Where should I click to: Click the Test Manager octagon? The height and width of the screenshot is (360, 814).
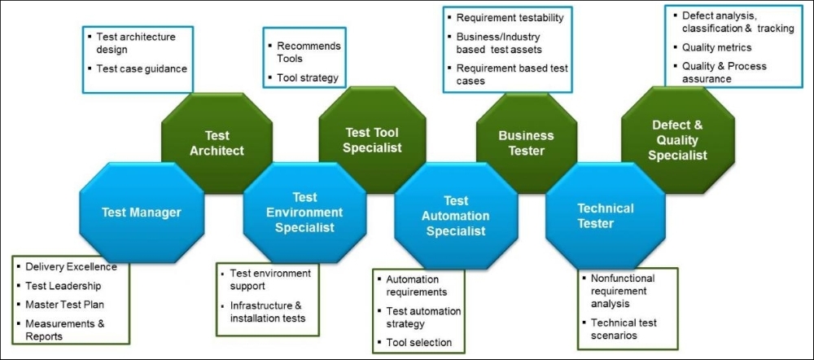coord(141,212)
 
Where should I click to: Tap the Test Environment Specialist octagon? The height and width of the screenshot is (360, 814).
coord(304,212)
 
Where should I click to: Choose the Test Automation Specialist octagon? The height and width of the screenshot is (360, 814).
coord(456,215)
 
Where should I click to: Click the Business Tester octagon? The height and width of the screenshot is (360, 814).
coord(527,143)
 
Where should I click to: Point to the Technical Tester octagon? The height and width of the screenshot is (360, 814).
coord(606,215)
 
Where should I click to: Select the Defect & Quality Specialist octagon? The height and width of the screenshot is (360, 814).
coord(678,140)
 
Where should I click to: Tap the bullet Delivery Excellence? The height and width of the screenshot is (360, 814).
coord(71,267)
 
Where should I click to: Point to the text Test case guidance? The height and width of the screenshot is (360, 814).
coord(142,68)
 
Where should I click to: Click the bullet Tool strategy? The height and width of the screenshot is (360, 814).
coord(308,78)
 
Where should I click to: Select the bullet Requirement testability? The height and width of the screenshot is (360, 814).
coord(510,18)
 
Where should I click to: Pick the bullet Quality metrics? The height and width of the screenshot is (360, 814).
coord(716,47)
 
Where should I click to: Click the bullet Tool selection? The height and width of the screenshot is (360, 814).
coord(419,342)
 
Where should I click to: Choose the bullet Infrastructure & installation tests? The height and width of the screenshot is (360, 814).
coord(267,312)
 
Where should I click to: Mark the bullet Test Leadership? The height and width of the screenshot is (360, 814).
coord(63,286)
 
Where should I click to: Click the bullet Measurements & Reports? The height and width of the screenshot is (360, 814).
coord(65,330)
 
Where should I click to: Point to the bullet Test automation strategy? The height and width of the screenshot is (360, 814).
coord(423,318)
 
